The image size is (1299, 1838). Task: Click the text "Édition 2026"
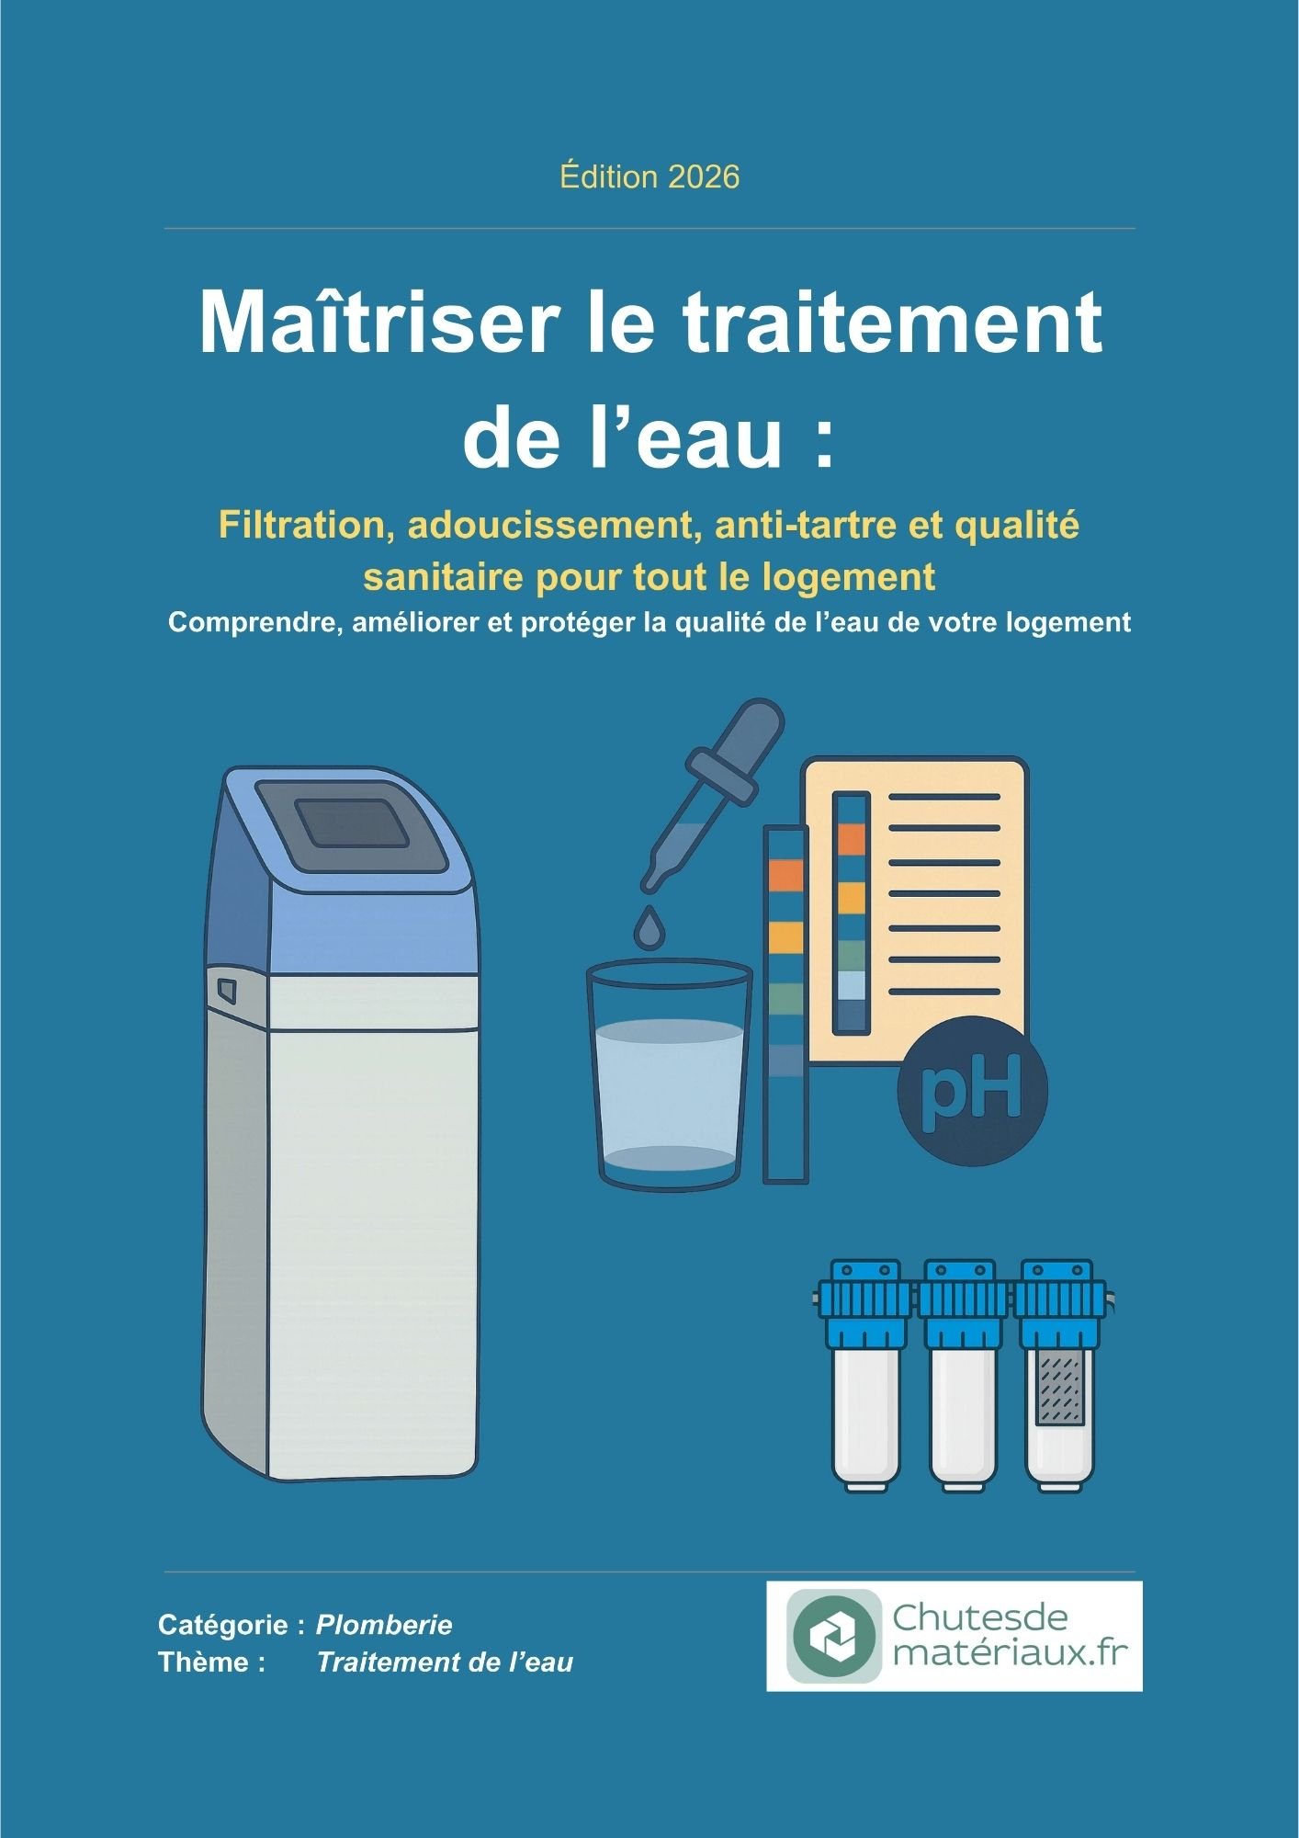(x=649, y=176)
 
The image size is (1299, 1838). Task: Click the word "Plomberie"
(x=384, y=1625)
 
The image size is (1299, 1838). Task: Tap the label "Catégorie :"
(x=232, y=1625)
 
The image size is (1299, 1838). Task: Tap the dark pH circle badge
(x=972, y=1092)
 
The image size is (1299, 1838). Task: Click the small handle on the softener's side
(x=227, y=991)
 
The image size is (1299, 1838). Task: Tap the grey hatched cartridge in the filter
(x=1061, y=1388)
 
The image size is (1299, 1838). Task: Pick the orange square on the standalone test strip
(x=785, y=876)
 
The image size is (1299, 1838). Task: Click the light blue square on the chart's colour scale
(x=852, y=985)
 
